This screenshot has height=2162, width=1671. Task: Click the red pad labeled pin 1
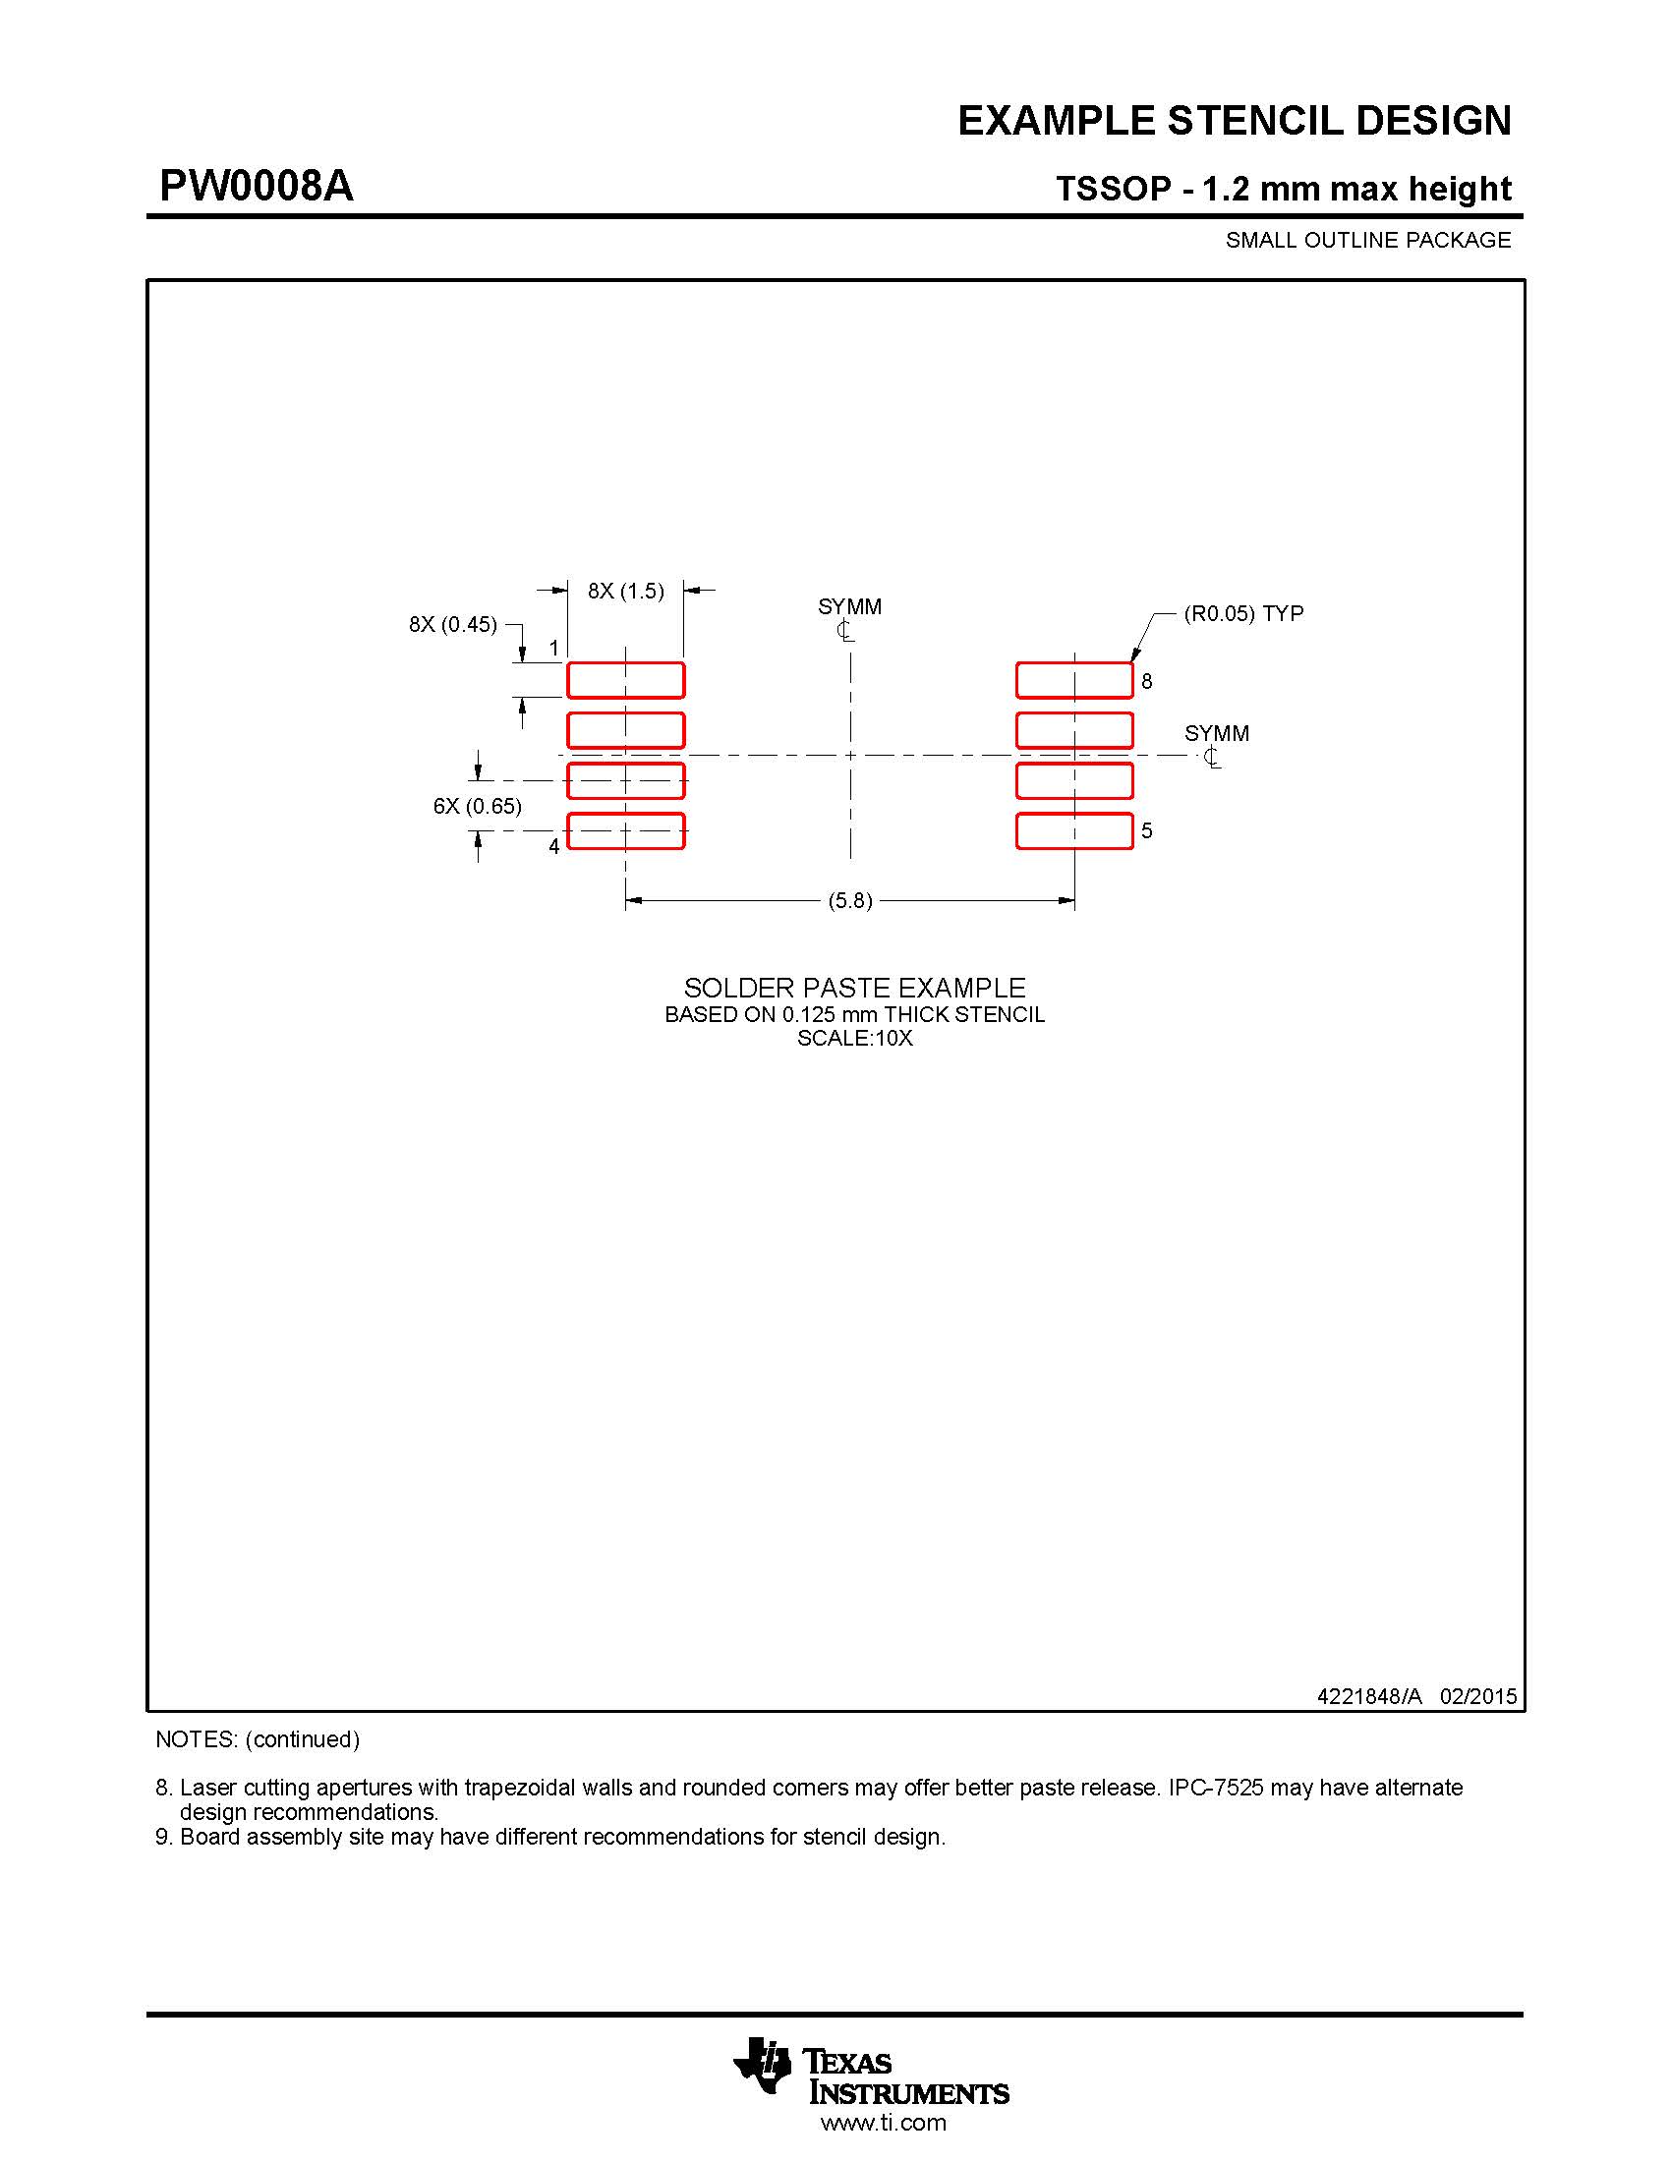coord(624,680)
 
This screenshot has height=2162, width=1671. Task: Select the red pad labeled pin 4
coord(624,830)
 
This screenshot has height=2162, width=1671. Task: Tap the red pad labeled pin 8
coord(1074,680)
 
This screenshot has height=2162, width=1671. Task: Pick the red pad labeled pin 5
coord(1074,830)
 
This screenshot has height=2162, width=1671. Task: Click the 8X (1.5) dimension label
coord(625,591)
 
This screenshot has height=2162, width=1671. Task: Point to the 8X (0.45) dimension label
coord(452,625)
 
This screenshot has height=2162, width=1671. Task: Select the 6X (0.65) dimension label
coord(477,806)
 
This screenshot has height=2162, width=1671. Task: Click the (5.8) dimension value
coord(849,901)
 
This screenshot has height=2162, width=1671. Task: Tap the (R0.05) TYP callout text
coord(1243,614)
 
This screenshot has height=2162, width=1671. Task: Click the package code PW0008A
coord(257,186)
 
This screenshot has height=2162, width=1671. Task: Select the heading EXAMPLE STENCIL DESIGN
coord(1234,121)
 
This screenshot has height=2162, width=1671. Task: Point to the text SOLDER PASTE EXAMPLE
coord(854,988)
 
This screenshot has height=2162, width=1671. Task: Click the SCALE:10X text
coord(854,1039)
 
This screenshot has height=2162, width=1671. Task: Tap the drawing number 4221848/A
coord(1369,1696)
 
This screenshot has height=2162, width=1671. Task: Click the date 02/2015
coord(1478,1696)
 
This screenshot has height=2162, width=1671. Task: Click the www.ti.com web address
coord(883,2123)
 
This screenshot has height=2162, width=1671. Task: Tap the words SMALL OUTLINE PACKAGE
coord(1368,241)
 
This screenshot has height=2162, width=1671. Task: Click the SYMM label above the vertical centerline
coord(849,606)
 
